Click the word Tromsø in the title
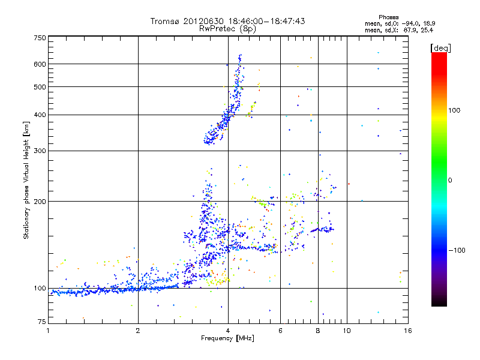164,21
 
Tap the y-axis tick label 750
40,38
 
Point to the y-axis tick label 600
40,64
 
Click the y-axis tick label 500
40,87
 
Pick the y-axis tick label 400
40,115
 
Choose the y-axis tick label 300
40,151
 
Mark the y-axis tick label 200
40,202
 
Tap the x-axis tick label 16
407,331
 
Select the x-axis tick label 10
347,331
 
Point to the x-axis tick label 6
281,331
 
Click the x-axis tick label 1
49,331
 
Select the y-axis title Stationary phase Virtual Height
26,180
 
